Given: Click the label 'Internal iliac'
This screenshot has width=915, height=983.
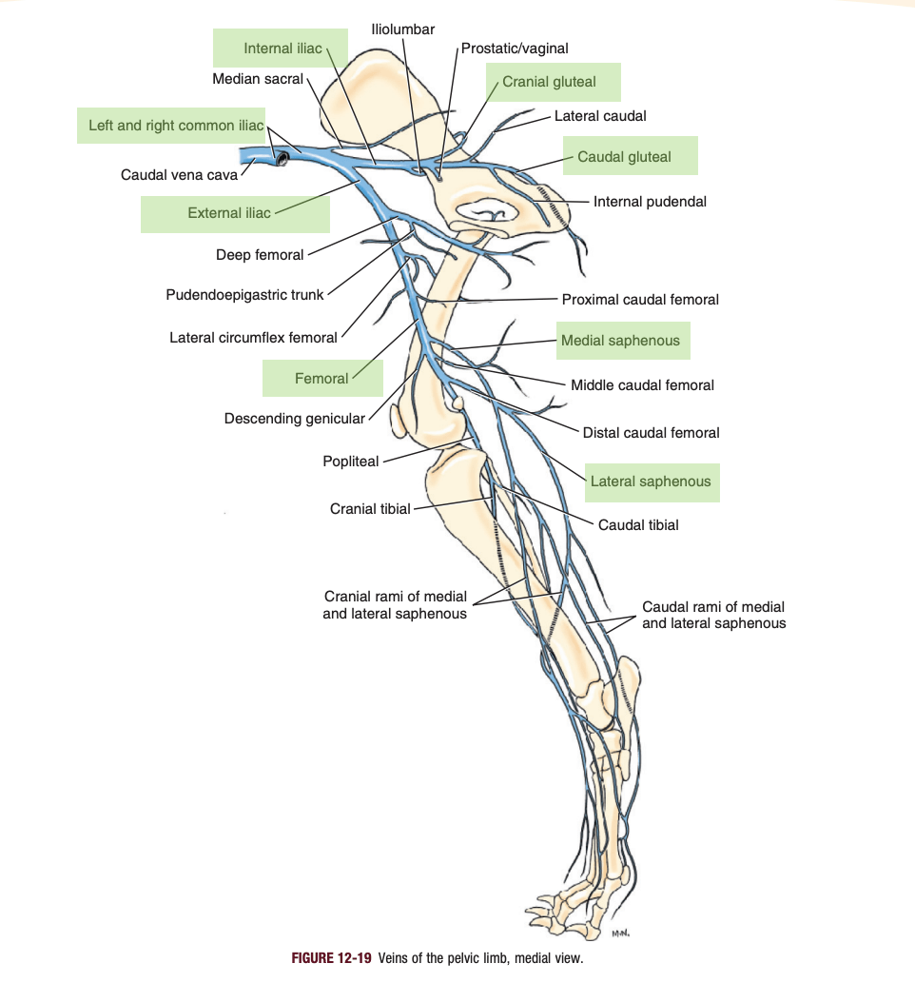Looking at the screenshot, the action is point(282,49).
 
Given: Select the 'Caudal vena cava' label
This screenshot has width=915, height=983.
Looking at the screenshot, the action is point(179,175).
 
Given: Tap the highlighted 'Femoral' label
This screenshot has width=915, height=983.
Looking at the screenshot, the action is point(321,379).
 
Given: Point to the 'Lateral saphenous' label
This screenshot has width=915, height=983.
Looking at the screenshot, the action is point(651,482).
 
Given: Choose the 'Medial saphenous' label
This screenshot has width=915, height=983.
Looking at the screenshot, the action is point(620,341).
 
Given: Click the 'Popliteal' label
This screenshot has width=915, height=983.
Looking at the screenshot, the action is point(350,462).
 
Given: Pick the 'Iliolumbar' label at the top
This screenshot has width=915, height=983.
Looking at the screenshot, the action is point(403,29).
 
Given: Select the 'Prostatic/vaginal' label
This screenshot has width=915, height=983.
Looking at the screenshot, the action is point(515,49).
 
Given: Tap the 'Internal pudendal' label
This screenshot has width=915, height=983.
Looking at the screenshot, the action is point(650,202).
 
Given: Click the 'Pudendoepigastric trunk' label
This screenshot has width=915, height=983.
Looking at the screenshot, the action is point(244,295).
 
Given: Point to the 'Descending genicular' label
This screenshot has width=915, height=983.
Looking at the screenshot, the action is point(295,418).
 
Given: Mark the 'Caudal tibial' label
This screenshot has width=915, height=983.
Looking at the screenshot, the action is point(638,524).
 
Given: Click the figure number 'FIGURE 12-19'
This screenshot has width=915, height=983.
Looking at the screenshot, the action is point(331,958).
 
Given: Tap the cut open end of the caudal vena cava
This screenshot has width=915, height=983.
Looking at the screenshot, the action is point(282,158).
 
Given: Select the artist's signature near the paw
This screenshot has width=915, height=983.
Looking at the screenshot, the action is point(620,934).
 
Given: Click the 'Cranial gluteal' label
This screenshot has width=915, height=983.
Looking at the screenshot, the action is point(549,82).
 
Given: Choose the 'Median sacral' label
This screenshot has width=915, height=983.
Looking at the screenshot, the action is point(258,79).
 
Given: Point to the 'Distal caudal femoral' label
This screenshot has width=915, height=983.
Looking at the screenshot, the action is point(652,433).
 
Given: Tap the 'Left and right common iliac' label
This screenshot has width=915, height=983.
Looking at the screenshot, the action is point(175,126).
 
